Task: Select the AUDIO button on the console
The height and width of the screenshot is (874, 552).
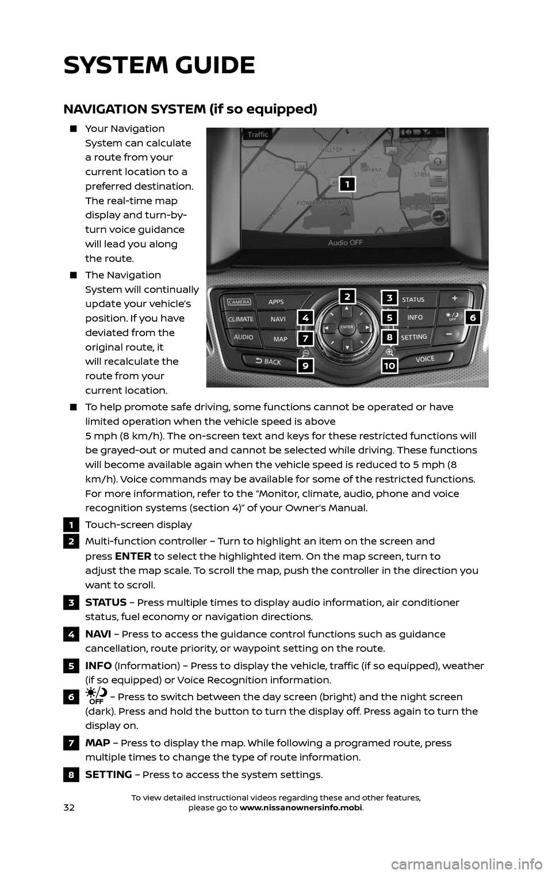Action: tap(240, 338)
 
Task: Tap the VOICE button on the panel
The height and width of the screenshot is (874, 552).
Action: tap(425, 358)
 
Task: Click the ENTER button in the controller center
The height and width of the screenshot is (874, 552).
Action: tap(346, 326)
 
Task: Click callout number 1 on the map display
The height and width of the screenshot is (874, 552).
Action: tap(347, 184)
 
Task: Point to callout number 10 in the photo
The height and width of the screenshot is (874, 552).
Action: tap(389, 365)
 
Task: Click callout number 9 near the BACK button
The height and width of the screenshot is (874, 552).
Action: tap(306, 365)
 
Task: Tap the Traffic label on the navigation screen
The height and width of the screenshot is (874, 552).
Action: tap(258, 135)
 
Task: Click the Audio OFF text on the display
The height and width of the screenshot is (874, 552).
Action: tap(345, 243)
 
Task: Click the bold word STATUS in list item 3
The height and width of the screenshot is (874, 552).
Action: tap(106, 602)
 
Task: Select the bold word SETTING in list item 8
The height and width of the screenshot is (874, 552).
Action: tap(108, 774)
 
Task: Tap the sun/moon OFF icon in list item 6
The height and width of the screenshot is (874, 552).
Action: tap(95, 697)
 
